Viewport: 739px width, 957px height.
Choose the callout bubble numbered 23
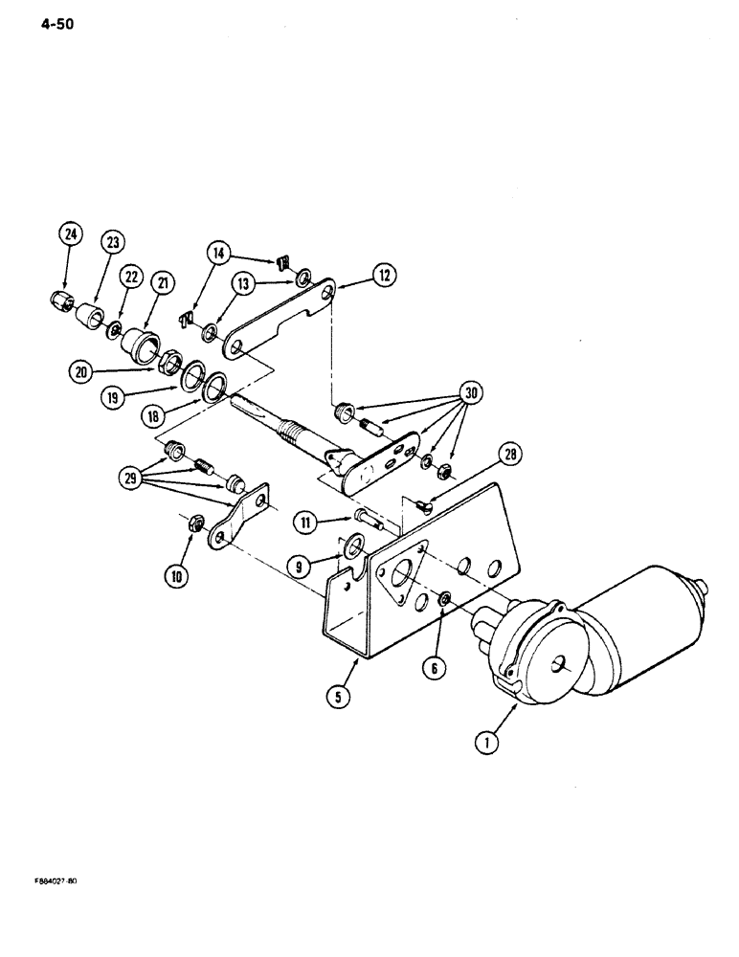pyautogui.click(x=113, y=242)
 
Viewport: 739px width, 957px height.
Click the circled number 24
pyautogui.click(x=70, y=234)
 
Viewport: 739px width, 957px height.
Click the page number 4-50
pyautogui.click(x=57, y=24)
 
